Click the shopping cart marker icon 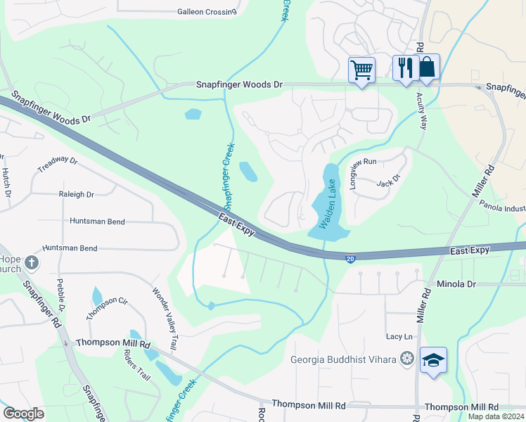click(361, 70)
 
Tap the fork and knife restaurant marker click(404, 68)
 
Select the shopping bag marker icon click(427, 68)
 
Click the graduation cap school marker click(433, 361)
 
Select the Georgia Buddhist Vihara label click(344, 359)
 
